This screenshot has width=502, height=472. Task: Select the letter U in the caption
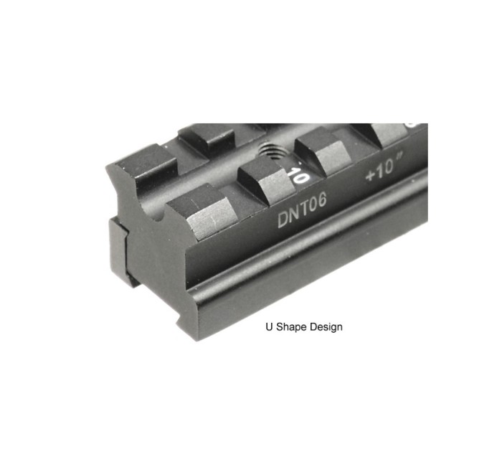pyautogui.click(x=269, y=327)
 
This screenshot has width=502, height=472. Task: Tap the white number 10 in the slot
pyautogui.click(x=296, y=175)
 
